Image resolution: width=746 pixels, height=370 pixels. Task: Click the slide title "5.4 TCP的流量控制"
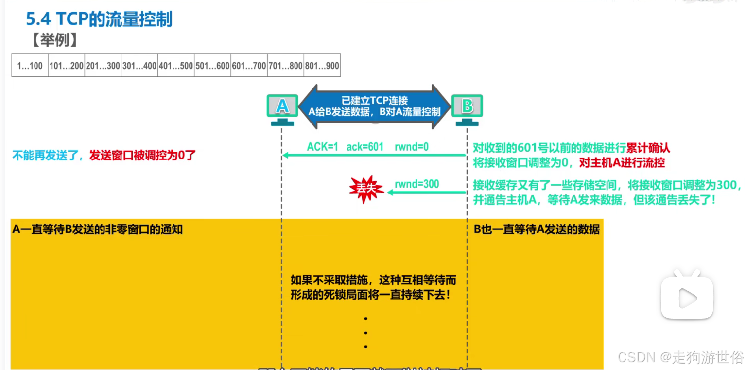click(x=99, y=19)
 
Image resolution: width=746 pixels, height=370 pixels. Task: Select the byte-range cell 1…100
click(x=30, y=66)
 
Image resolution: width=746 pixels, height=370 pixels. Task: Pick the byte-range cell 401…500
click(x=176, y=66)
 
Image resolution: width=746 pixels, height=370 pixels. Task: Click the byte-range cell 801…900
click(x=322, y=66)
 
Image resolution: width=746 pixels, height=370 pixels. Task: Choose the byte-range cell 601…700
click(x=249, y=66)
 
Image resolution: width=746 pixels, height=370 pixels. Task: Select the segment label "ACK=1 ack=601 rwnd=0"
click(x=367, y=147)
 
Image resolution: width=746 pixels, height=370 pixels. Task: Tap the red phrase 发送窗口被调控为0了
click(x=142, y=156)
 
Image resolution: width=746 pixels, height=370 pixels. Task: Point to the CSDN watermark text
click(x=680, y=357)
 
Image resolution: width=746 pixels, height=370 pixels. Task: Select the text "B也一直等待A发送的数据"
click(x=537, y=229)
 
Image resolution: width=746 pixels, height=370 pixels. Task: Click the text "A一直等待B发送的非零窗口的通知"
click(x=98, y=229)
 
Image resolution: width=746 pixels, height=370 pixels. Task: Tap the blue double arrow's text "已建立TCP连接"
click(x=374, y=101)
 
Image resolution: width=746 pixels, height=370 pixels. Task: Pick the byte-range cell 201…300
click(x=103, y=66)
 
